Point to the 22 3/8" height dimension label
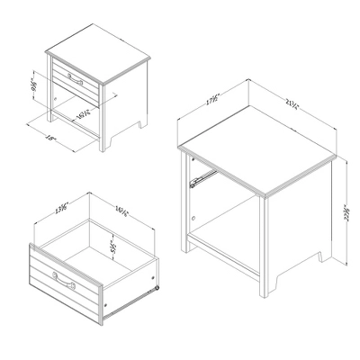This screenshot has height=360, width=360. (x=346, y=215)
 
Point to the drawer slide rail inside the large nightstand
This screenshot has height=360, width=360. (x=202, y=175)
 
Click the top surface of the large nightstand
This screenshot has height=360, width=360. (x=256, y=153)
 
